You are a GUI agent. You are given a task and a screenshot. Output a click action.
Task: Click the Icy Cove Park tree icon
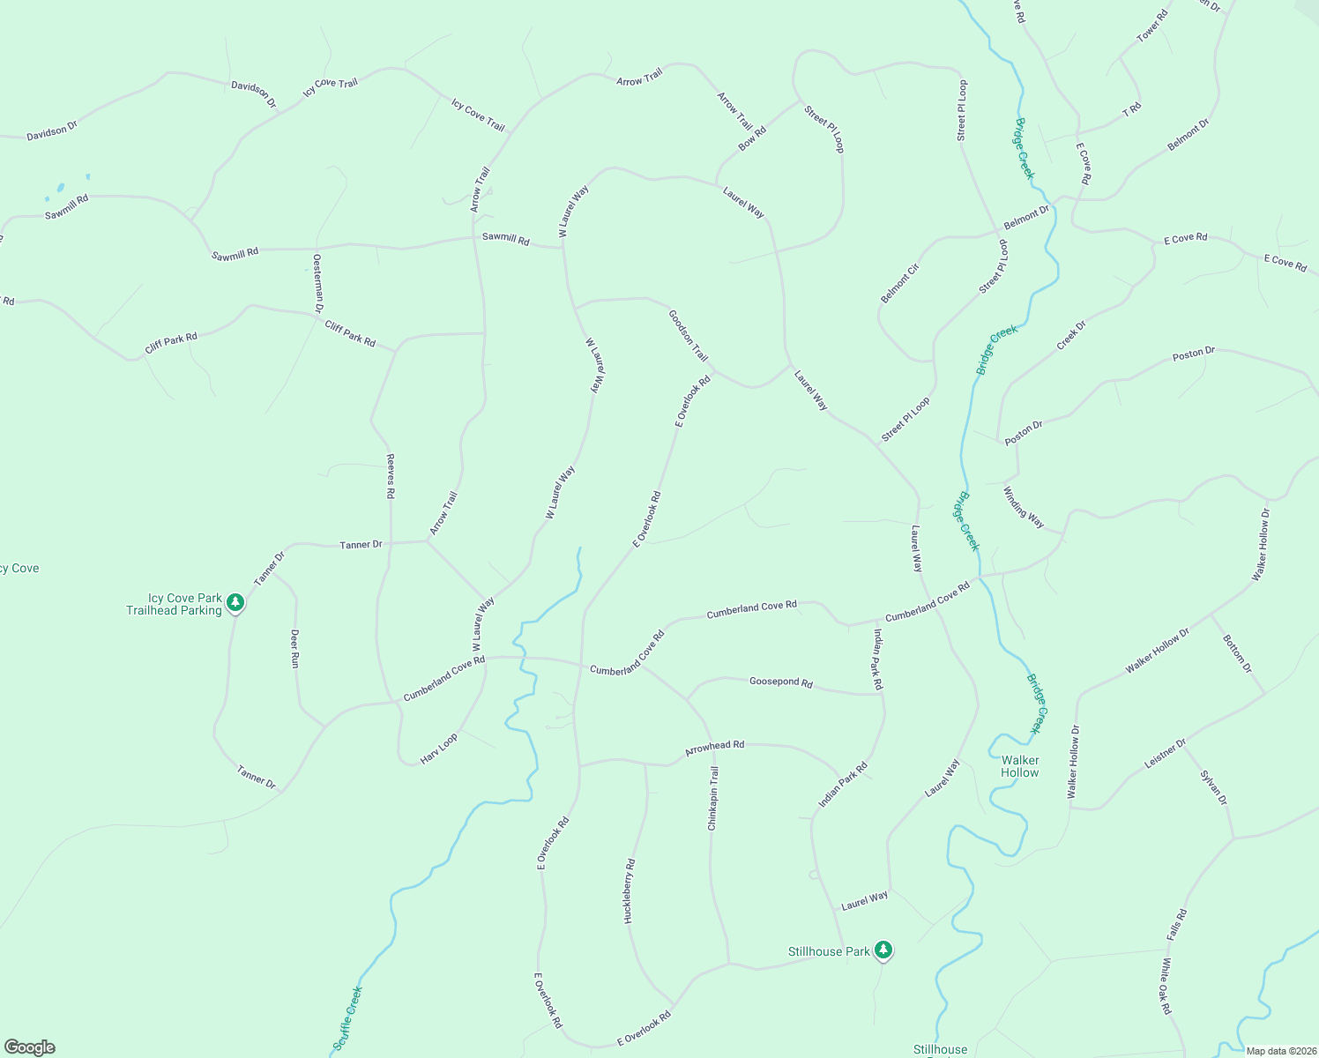pyautogui.click(x=235, y=602)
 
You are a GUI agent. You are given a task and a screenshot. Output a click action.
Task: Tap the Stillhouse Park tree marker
pyautogui.click(x=883, y=950)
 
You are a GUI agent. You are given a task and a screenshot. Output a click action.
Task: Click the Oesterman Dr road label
pyautogui.click(x=317, y=283)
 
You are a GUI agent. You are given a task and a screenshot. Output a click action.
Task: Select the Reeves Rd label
pyautogui.click(x=390, y=477)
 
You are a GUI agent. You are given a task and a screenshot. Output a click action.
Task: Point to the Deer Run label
pyautogui.click(x=294, y=648)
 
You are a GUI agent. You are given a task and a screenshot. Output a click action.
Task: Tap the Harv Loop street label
pyautogui.click(x=438, y=749)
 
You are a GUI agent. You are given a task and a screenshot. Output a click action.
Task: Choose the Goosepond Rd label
pyautogui.click(x=780, y=682)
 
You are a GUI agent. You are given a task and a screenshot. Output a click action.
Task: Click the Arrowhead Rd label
pyautogui.click(x=714, y=746)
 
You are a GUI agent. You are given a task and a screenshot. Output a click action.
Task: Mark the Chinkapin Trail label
pyautogui.click(x=713, y=799)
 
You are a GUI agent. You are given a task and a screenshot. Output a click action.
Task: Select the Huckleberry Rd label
pyautogui.click(x=630, y=890)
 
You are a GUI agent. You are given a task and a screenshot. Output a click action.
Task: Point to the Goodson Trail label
pyautogui.click(x=688, y=335)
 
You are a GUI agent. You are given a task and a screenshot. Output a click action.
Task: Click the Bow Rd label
pyautogui.click(x=752, y=138)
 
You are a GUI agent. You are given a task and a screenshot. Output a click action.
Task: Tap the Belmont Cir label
pyautogui.click(x=899, y=283)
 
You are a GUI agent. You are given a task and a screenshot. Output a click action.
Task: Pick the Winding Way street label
pyautogui.click(x=1023, y=508)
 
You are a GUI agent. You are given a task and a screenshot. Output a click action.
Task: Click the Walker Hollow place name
pyautogui.click(x=1020, y=766)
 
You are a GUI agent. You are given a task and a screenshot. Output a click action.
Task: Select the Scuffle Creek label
pyautogui.click(x=347, y=1019)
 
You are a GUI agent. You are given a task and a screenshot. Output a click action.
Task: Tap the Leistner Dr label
pyautogui.click(x=1165, y=755)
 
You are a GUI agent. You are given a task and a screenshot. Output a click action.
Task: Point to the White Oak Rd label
pyautogui.click(x=1166, y=986)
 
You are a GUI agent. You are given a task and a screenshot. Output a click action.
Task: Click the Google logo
pyautogui.click(x=30, y=1047)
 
